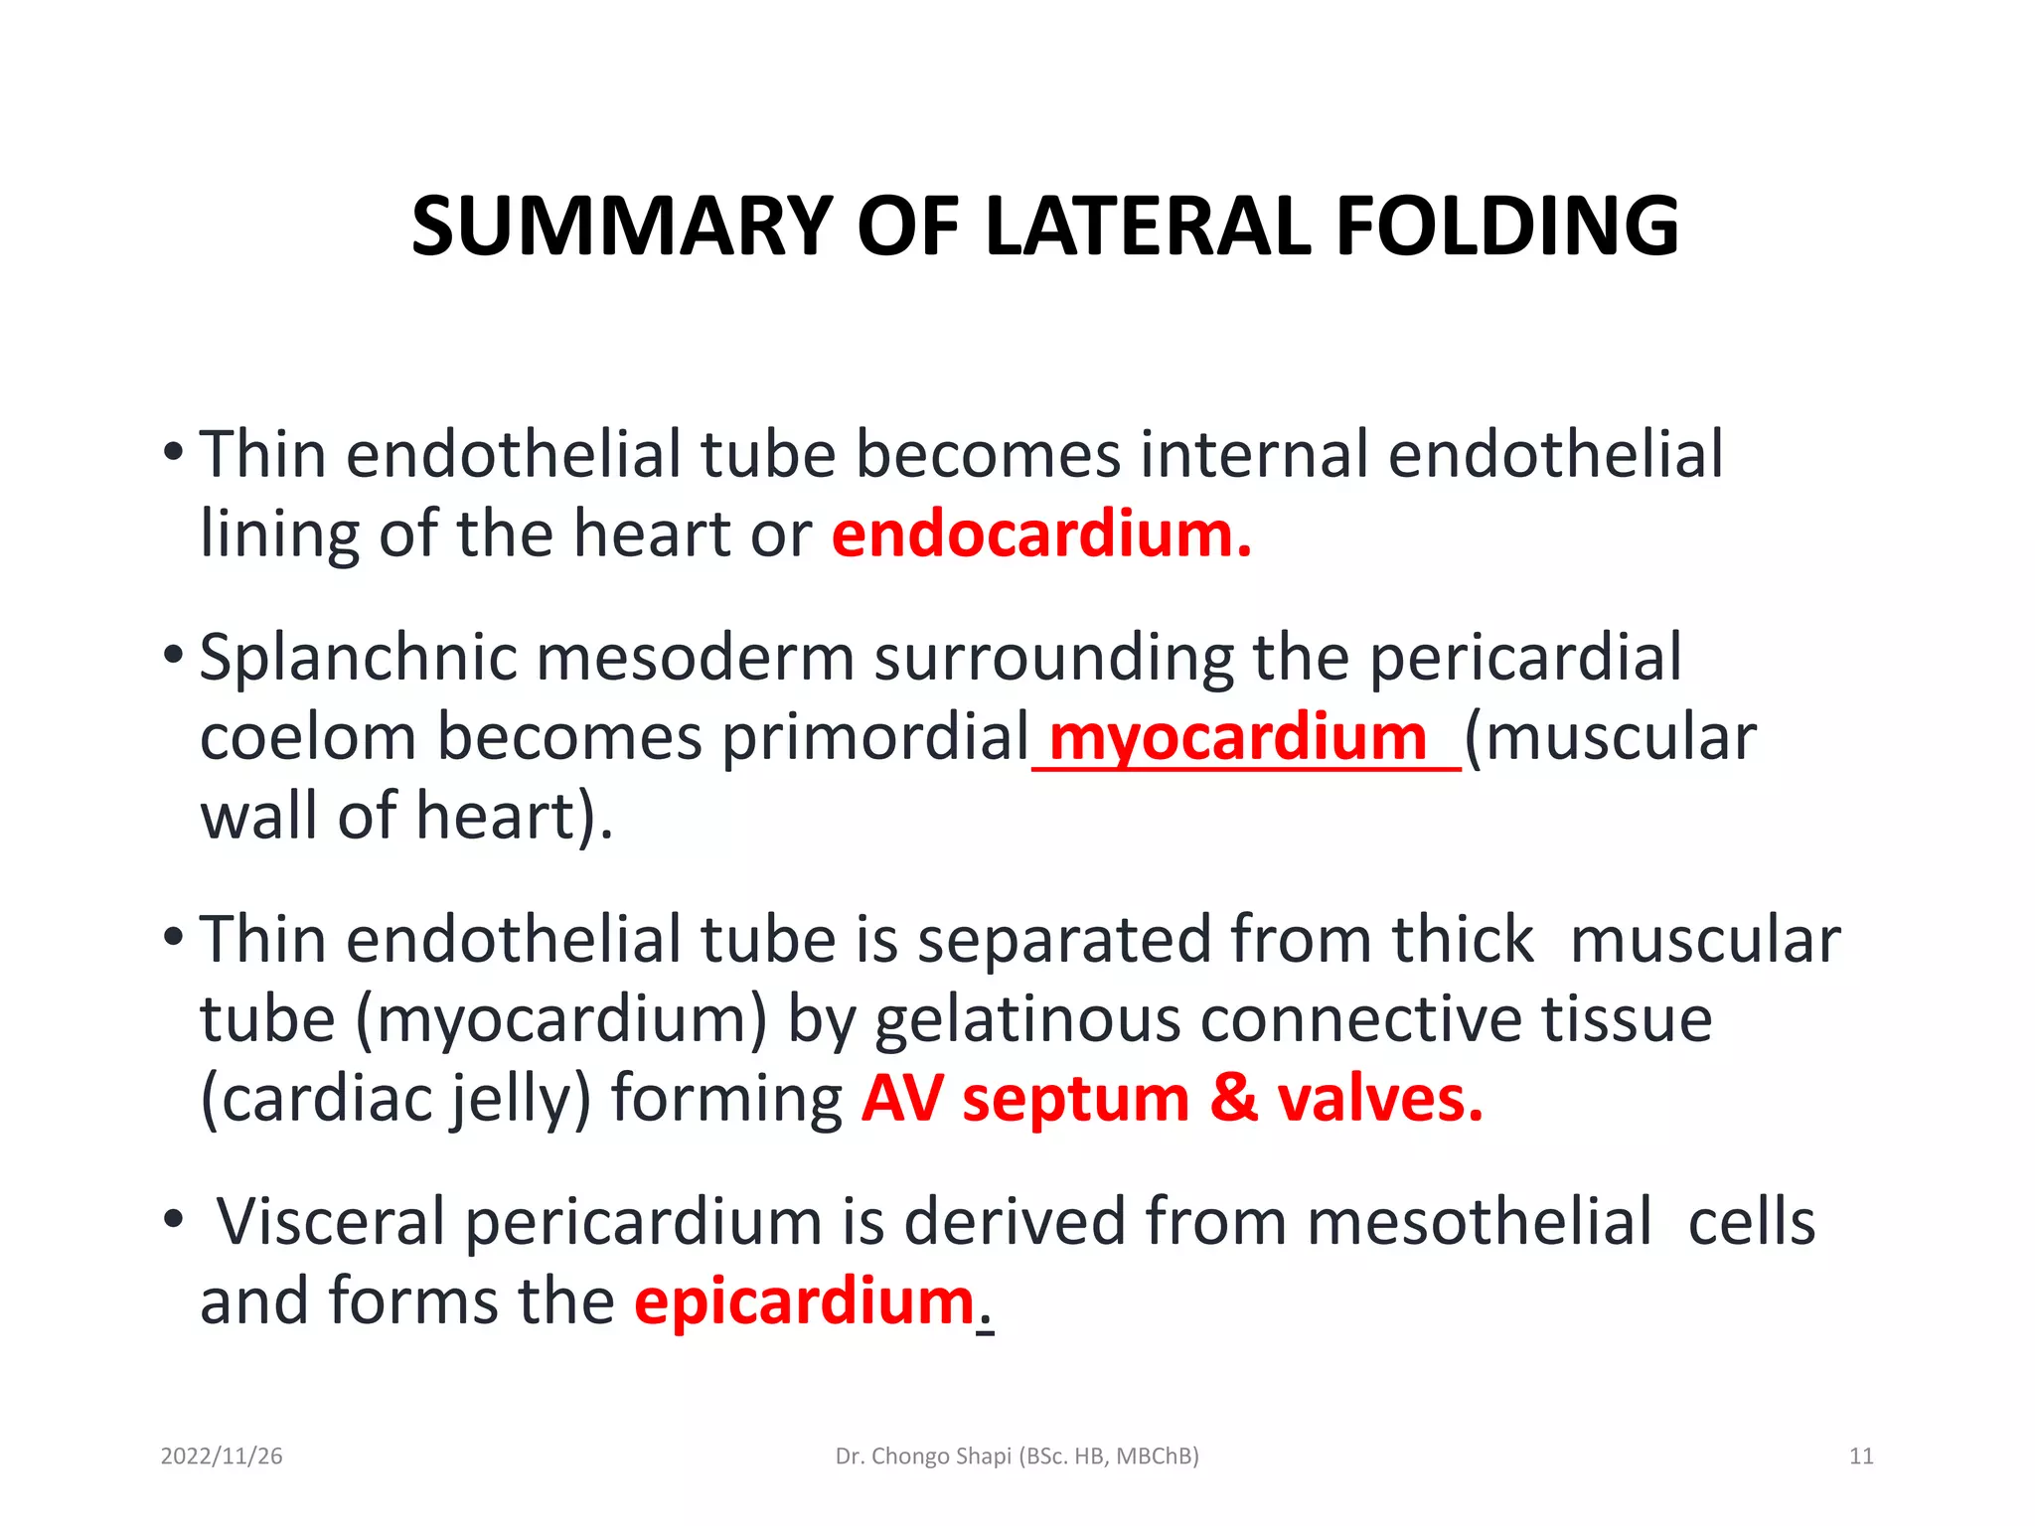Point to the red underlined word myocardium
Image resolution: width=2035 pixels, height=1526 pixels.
coord(1237,738)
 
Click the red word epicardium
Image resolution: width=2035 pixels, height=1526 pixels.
coord(805,1301)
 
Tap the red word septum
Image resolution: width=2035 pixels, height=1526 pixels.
coord(1075,1100)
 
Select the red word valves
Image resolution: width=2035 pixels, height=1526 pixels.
coord(1380,1100)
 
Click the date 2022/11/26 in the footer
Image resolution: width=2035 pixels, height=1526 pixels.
coord(222,1456)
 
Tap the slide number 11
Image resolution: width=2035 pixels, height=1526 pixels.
coord(1861,1456)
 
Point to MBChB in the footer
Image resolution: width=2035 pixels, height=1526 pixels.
coord(1157,1456)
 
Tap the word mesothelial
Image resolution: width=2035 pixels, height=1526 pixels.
coord(1480,1222)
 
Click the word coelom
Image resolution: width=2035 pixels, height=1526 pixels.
coord(308,738)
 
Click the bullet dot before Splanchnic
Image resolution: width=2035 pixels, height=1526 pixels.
coord(173,655)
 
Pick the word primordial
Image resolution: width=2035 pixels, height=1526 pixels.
coord(875,738)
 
